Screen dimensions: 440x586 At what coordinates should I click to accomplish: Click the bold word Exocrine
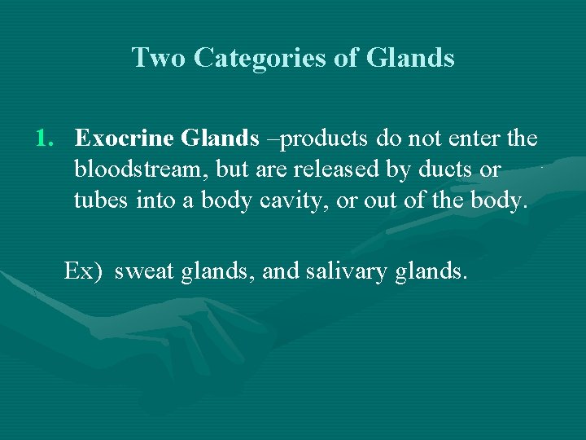[x=125, y=139]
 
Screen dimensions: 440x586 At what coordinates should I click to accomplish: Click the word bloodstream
[x=131, y=170]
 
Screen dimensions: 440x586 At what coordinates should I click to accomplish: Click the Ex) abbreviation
[x=83, y=271]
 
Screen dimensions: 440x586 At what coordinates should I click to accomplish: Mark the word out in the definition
[x=379, y=201]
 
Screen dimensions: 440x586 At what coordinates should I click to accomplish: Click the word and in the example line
[x=281, y=271]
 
